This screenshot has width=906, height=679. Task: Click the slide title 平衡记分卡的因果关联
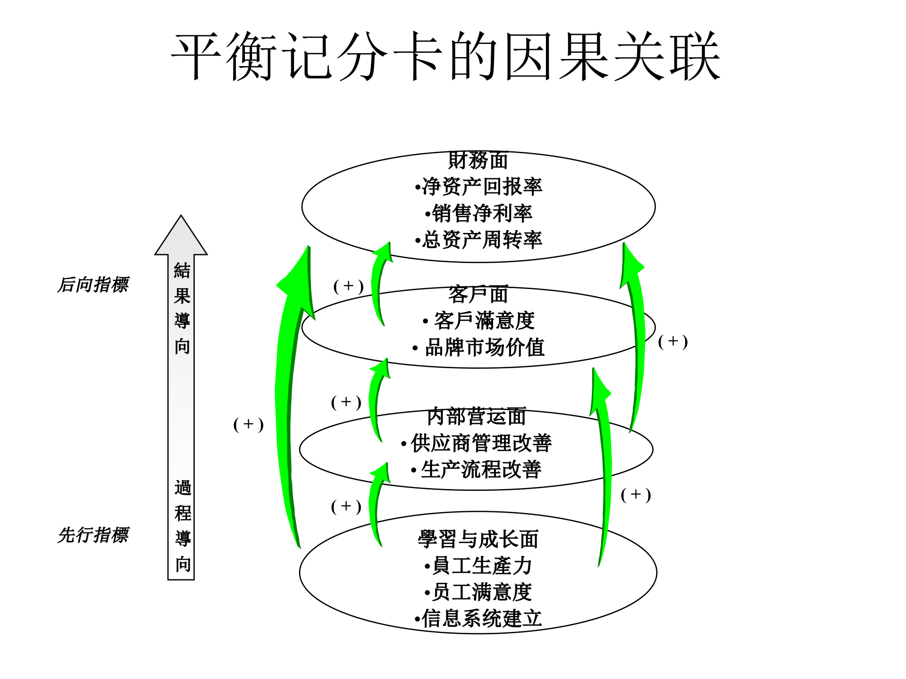tap(445, 57)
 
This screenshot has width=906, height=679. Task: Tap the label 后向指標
tap(93, 285)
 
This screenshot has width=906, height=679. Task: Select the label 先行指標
tap(93, 535)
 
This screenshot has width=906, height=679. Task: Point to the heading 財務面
tap(478, 160)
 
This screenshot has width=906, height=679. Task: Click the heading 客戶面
tap(478, 295)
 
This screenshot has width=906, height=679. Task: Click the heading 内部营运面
tap(477, 417)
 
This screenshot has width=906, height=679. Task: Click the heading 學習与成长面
tap(478, 539)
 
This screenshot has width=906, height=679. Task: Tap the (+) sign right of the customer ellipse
tap(673, 341)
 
